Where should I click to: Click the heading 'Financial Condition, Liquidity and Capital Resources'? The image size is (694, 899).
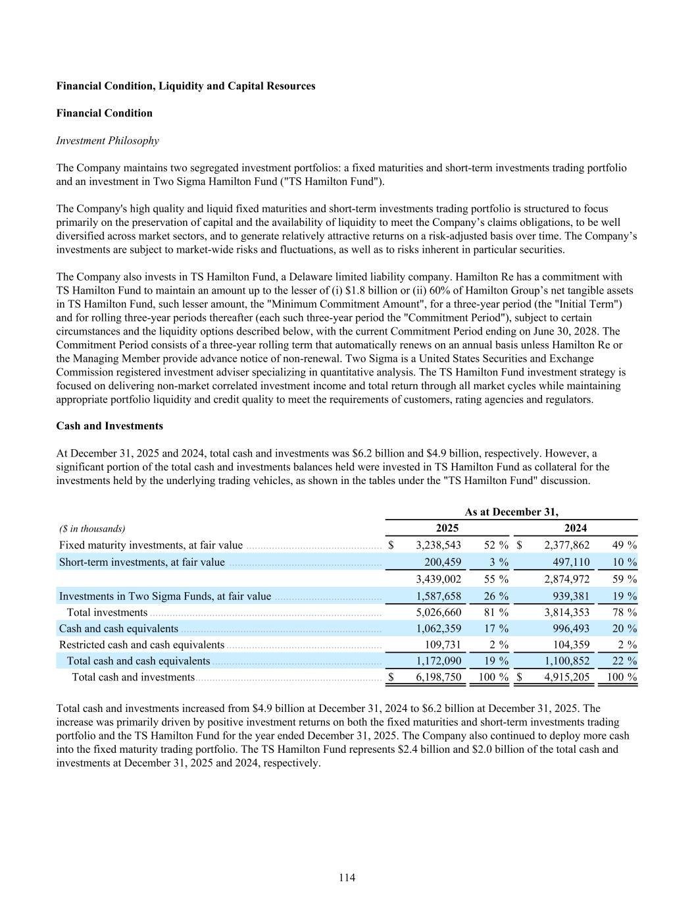click(x=186, y=86)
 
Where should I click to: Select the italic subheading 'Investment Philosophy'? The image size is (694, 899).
click(x=107, y=140)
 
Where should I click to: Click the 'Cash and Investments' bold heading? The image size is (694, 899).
click(x=110, y=426)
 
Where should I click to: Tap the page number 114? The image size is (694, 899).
click(x=347, y=877)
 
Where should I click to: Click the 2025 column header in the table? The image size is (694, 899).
click(x=447, y=528)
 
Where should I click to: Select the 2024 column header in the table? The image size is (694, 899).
click(x=576, y=528)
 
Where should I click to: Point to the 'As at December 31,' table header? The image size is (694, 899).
click(x=511, y=512)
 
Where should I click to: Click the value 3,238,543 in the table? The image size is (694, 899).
click(x=439, y=545)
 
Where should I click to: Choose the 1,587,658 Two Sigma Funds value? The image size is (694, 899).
click(x=439, y=596)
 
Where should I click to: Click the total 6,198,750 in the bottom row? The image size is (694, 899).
click(x=439, y=677)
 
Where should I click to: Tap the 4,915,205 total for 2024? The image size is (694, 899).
click(x=567, y=677)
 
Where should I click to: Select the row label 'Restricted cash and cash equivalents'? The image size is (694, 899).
click(x=141, y=645)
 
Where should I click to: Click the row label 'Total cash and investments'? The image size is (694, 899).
click(x=133, y=677)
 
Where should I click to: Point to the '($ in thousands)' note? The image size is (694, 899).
click(x=92, y=529)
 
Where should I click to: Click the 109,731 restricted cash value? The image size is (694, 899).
click(x=443, y=645)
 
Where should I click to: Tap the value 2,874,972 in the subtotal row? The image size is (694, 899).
click(x=567, y=580)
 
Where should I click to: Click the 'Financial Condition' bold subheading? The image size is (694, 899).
click(x=104, y=113)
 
